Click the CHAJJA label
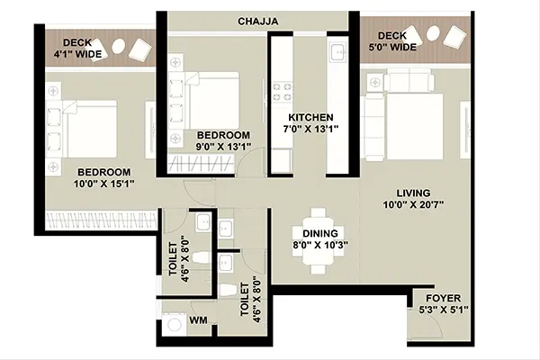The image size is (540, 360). click(x=258, y=22)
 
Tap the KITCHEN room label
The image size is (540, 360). click(x=310, y=118)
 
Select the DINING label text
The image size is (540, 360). click(x=320, y=234)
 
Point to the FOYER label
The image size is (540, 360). click(x=443, y=298)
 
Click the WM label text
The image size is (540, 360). click(x=198, y=320)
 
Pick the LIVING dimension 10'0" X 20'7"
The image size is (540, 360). click(x=413, y=205)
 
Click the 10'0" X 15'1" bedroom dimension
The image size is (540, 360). click(x=104, y=184)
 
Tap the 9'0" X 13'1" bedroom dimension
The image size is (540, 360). click(x=223, y=147)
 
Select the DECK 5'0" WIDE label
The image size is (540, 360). click(x=392, y=41)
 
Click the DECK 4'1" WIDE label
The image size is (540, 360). click(x=77, y=49)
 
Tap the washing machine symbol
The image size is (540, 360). click(x=174, y=325)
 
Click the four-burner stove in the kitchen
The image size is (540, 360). click(x=282, y=92)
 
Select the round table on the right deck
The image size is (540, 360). click(x=433, y=34)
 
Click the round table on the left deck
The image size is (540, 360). click(x=119, y=45)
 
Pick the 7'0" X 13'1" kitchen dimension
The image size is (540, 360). click(x=310, y=130)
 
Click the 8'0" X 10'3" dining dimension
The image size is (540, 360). click(x=320, y=246)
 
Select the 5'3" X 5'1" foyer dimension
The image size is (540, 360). click(x=444, y=310)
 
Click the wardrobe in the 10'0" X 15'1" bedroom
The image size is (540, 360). click(x=101, y=220)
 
